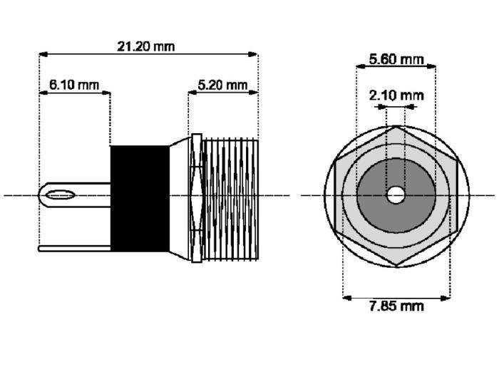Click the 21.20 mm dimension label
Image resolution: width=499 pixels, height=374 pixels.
146,46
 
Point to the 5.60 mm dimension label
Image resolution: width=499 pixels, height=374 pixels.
396,59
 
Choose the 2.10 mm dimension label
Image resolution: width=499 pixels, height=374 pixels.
396,95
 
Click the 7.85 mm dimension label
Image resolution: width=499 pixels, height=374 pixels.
396,306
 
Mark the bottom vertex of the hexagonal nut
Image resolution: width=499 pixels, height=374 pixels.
396,265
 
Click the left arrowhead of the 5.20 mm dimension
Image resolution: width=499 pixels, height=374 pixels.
192,92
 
